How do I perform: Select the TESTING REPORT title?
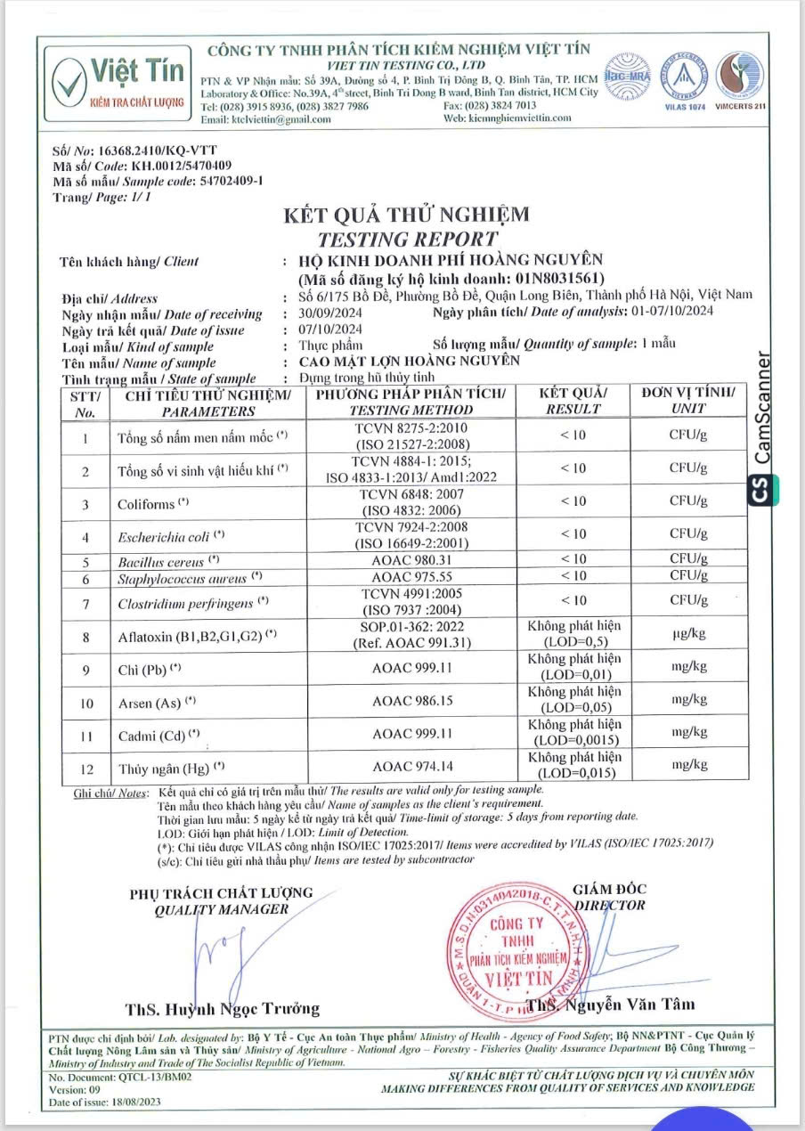[x=407, y=239]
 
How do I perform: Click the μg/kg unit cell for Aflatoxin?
[x=688, y=636]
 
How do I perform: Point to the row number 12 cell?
[x=86, y=766]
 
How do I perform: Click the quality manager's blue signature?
[x=214, y=950]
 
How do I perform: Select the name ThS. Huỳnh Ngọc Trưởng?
[x=222, y=1009]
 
